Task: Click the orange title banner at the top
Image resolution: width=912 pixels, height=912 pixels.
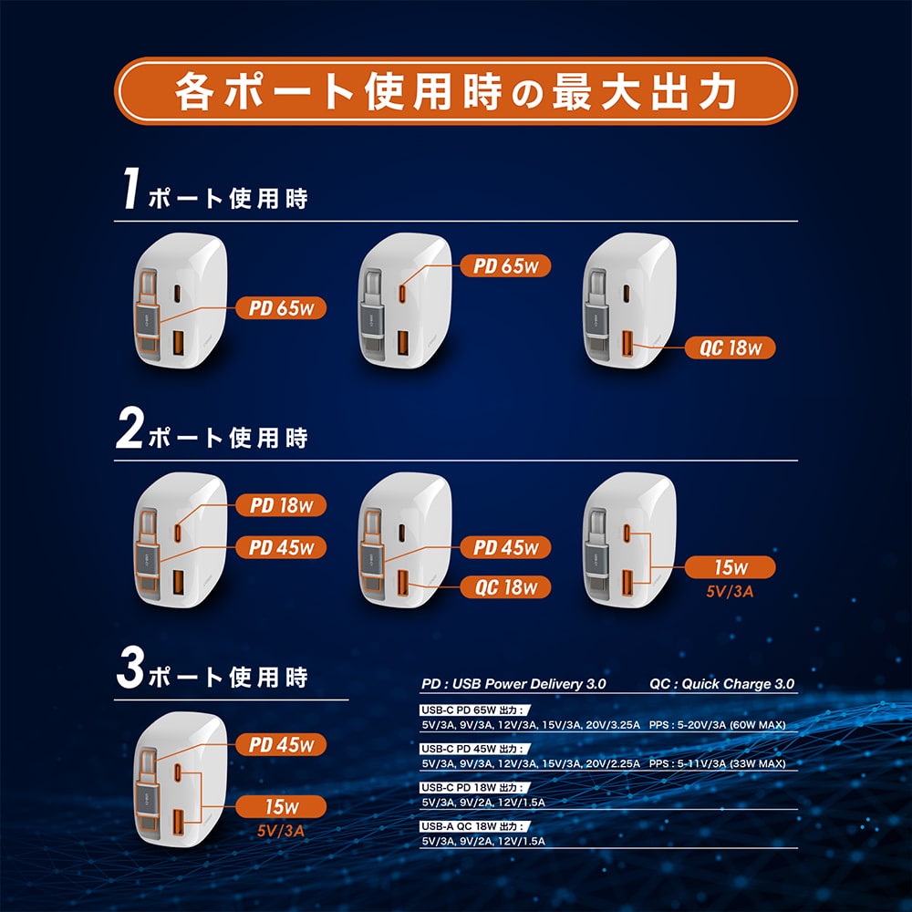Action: (455, 90)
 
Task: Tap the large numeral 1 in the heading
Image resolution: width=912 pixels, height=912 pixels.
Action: (130, 187)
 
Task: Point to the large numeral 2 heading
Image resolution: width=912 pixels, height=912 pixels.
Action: (130, 428)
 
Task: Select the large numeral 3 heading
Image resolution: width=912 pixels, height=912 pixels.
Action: (130, 668)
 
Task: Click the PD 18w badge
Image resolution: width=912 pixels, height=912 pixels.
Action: (281, 505)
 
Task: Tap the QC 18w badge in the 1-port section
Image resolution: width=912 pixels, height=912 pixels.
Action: (730, 347)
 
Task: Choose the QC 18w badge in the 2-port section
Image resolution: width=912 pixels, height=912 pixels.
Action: (505, 587)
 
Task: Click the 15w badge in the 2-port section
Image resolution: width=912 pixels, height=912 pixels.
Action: (730, 567)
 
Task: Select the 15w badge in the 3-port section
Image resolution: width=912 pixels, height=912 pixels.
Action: (281, 807)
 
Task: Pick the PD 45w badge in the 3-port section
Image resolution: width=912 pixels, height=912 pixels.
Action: (281, 744)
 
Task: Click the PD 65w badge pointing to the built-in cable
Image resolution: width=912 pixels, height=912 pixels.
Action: (281, 307)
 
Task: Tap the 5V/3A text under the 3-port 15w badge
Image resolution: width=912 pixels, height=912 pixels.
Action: (281, 831)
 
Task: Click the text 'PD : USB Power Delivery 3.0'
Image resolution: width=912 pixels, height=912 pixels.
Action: (513, 684)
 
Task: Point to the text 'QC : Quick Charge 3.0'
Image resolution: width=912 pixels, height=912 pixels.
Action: (721, 684)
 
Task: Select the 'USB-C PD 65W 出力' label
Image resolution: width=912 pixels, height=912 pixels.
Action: (475, 710)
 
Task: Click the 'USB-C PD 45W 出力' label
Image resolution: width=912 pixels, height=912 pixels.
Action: (475, 749)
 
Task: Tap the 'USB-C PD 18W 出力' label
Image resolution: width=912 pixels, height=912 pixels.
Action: (475, 788)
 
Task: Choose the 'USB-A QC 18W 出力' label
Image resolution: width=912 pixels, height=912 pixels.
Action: (475, 826)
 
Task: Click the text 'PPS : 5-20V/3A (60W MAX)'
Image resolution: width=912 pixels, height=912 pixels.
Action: (717, 725)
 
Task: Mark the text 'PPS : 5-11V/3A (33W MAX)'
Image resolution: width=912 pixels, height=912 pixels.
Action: (717, 763)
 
